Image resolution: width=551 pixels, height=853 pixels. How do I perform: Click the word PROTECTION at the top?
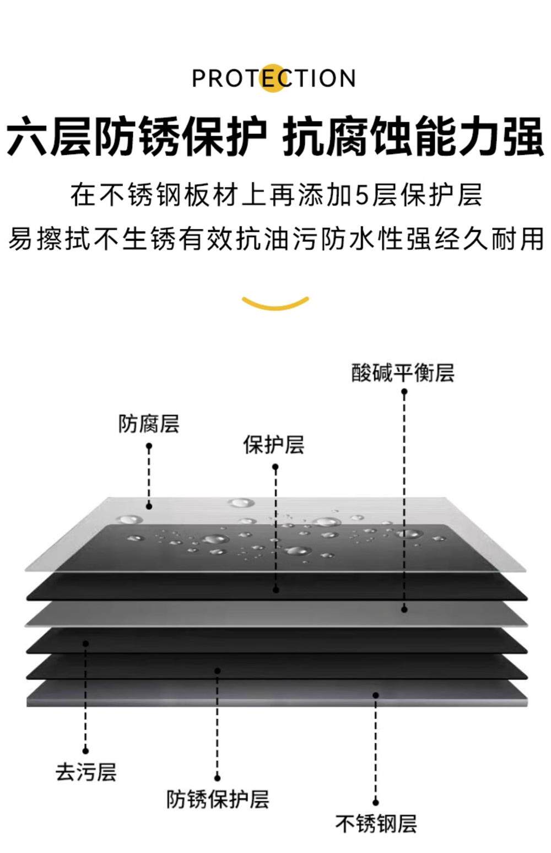tap(274, 78)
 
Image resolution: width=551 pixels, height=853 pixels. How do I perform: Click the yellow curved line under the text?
tap(275, 303)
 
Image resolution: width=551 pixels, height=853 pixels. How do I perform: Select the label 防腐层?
tap(149, 424)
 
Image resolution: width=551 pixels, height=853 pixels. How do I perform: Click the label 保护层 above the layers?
tap(274, 445)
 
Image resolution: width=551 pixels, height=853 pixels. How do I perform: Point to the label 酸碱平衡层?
tap(403, 372)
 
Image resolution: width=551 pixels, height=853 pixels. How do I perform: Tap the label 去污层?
tap(86, 771)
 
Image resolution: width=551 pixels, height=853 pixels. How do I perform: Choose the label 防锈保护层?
tap(218, 798)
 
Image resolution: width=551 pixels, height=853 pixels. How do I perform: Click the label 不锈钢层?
tap(376, 824)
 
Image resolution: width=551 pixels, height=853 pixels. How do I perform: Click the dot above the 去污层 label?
tap(85, 750)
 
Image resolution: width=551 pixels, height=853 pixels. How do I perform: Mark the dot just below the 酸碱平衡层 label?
tap(404, 392)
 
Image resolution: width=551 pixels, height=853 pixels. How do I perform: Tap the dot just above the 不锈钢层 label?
tap(376, 802)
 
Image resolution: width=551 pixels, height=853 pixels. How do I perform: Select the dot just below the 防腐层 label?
tap(149, 446)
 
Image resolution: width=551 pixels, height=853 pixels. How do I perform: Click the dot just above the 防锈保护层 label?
tap(217, 778)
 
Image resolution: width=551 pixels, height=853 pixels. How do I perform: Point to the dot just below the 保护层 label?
tap(275, 467)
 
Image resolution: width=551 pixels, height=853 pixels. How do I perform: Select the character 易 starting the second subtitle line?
tap(20, 239)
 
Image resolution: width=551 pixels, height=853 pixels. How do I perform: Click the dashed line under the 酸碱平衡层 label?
tap(404, 496)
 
